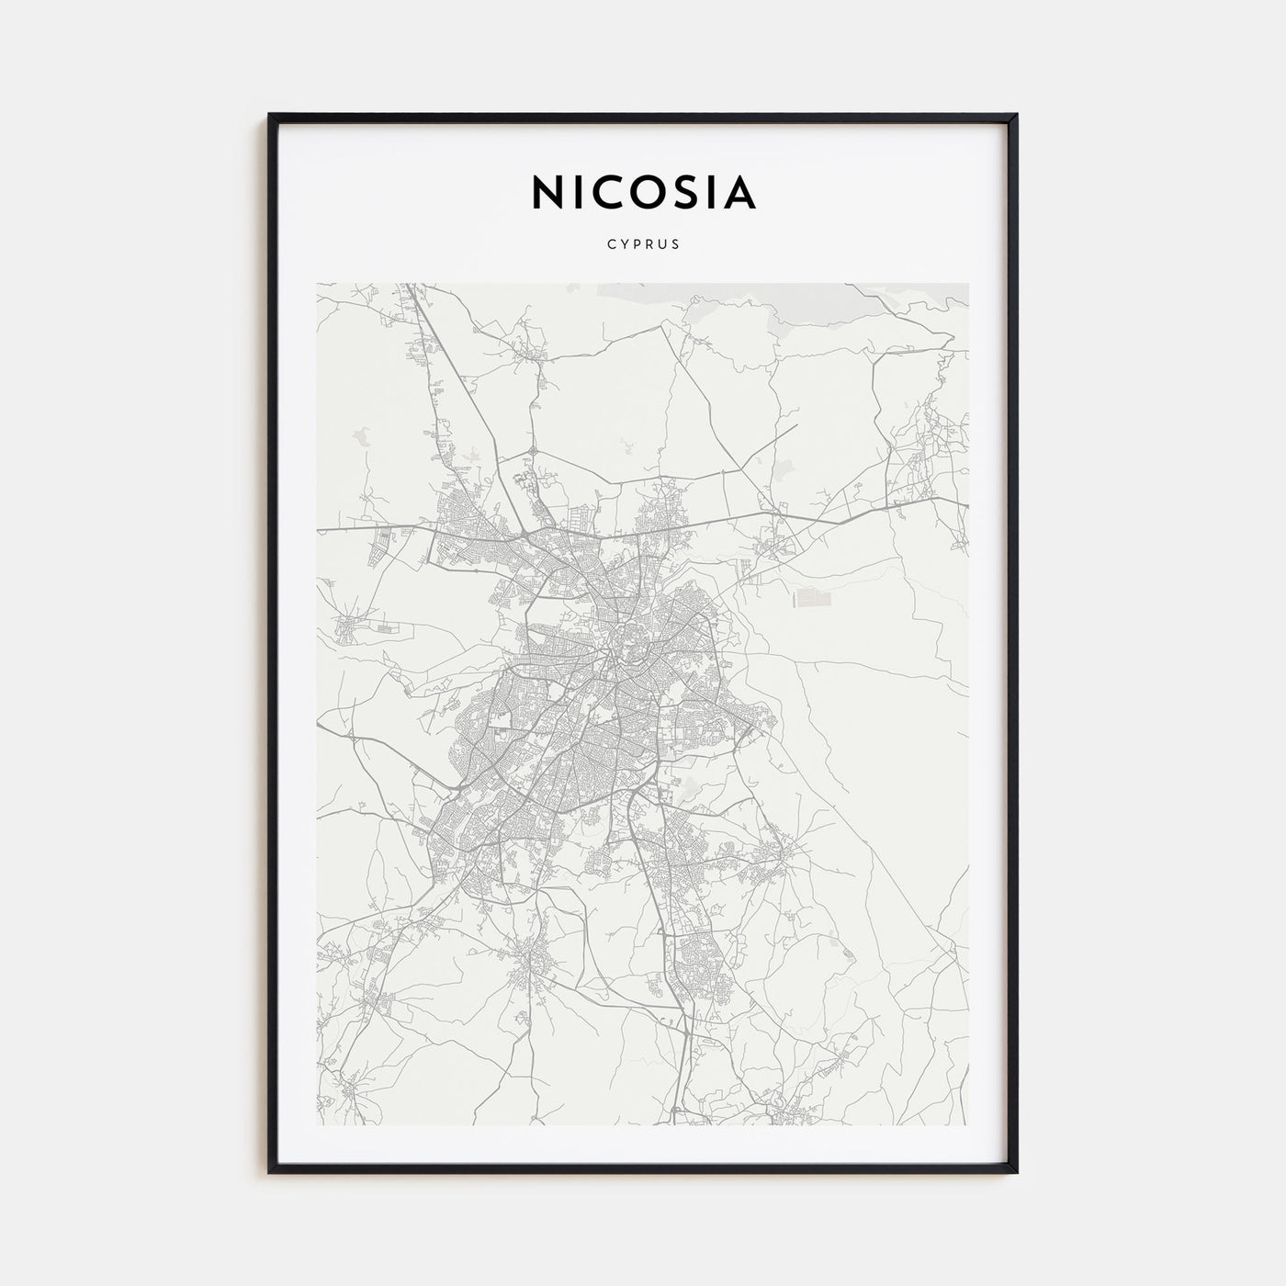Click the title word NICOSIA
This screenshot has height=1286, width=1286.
(x=643, y=193)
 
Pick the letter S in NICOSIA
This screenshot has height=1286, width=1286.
(x=688, y=193)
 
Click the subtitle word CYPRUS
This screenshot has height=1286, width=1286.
(x=643, y=245)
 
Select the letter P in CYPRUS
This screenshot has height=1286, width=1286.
(x=636, y=245)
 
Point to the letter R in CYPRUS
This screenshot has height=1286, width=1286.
(x=649, y=245)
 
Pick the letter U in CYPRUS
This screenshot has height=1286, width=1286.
(x=662, y=245)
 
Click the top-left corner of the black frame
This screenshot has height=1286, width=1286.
(x=270, y=115)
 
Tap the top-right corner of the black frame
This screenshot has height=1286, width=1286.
(x=1016, y=115)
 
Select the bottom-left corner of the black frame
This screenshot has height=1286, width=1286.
(x=270, y=1172)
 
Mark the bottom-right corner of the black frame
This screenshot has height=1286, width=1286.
(x=1016, y=1172)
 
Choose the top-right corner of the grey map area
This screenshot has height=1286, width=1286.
(x=967, y=284)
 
